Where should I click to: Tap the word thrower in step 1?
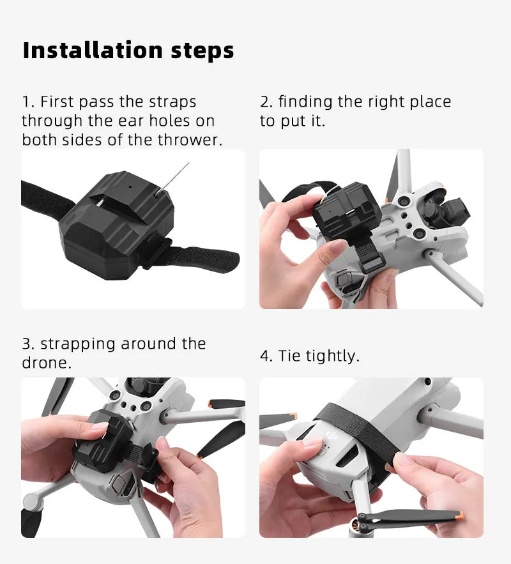point(188,140)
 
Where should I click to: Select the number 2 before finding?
point(264,102)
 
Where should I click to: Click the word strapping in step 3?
point(79,344)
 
